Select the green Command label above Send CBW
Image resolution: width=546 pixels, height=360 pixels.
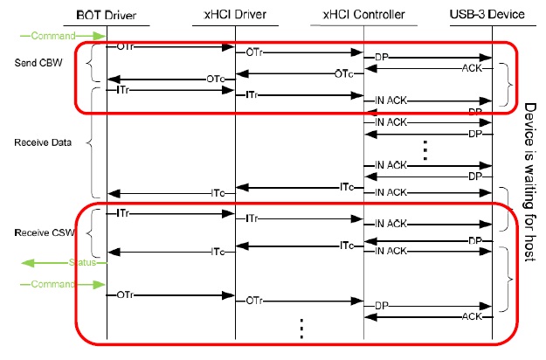point(52,36)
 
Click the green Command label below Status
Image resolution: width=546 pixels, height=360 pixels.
point(52,284)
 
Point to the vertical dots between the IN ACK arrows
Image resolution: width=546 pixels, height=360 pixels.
point(425,149)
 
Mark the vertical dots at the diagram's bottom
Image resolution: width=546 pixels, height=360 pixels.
point(301,328)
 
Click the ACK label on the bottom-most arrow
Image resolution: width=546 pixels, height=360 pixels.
point(473,316)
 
